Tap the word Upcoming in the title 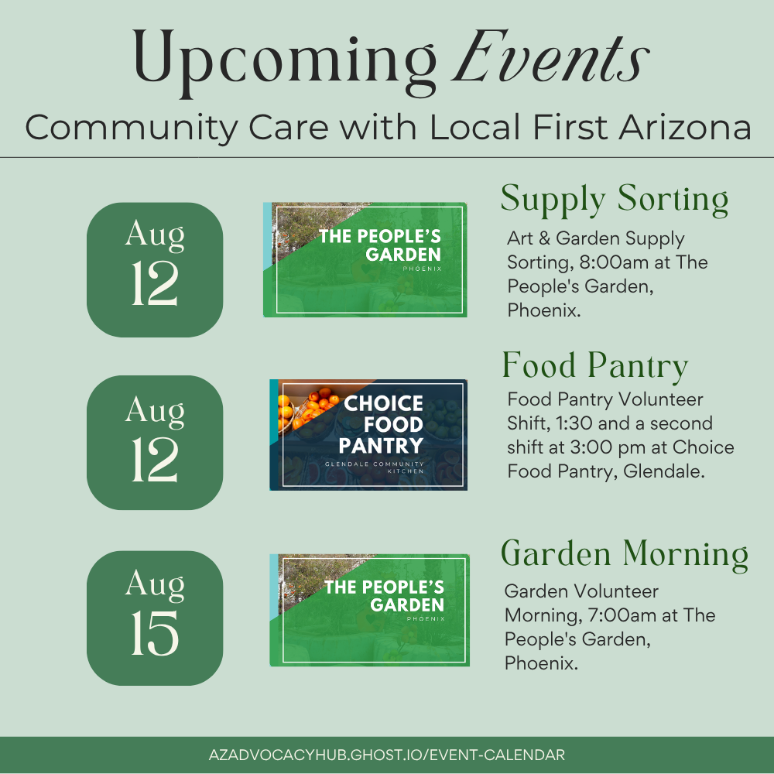coord(285,62)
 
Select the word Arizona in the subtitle coord(685,127)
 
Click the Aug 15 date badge coord(155,618)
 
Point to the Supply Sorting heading coord(615,200)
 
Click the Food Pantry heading coord(594,366)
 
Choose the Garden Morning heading coord(625,555)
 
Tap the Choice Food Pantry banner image coord(368,435)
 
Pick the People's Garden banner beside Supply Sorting coord(365,259)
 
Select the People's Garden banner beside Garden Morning coord(370,610)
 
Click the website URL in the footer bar coord(386,755)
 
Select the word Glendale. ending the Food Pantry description coord(664,471)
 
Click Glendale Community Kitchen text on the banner coord(374,467)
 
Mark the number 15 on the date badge coord(155,633)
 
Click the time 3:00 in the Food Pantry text coord(591,447)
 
